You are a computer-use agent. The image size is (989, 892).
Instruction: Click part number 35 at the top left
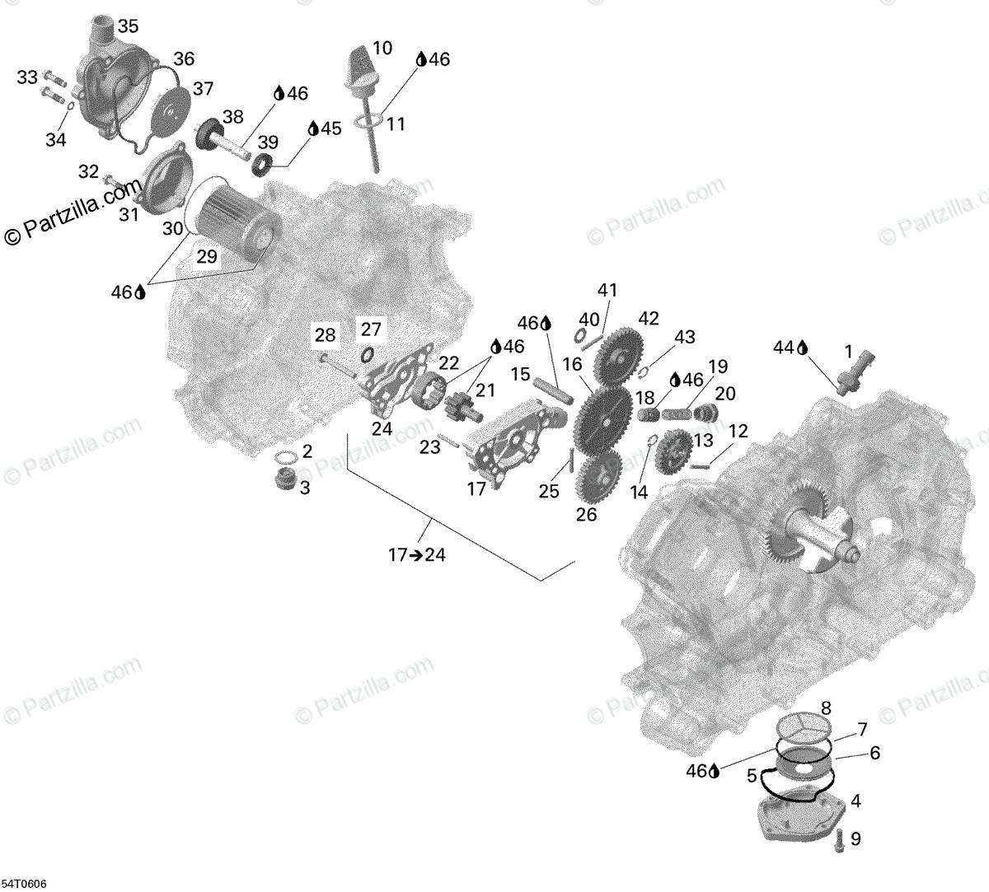128,26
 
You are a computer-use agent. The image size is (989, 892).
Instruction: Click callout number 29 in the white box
206,256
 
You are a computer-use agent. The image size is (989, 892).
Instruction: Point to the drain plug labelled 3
284,479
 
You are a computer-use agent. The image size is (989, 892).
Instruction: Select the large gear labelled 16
604,419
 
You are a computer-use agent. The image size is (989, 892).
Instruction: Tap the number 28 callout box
325,334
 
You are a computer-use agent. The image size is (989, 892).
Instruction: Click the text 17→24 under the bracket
417,554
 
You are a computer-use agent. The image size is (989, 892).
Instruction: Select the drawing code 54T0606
24,883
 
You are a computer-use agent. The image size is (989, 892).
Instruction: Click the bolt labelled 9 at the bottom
838,841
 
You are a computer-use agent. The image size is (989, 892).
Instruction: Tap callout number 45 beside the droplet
330,128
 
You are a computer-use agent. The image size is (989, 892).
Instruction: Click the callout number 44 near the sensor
783,348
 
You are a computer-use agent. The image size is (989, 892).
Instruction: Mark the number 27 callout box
371,329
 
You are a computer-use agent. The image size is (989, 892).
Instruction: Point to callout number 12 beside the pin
738,431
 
